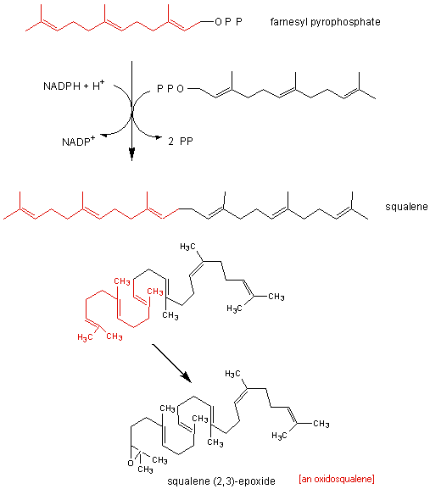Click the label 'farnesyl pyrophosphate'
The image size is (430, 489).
325,22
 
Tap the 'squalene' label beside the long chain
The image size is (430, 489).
406,207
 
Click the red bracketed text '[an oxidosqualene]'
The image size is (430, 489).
337,479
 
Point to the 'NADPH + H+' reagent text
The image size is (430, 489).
74,86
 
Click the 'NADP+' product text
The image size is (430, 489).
78,142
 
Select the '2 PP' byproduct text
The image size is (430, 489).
181,142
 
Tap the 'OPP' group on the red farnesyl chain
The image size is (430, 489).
228,22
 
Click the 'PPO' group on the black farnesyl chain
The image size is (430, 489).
170,89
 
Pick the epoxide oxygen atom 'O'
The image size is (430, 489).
131,464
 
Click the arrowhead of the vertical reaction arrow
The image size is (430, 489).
132,154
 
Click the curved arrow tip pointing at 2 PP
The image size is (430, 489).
159,136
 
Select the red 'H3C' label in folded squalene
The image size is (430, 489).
85,337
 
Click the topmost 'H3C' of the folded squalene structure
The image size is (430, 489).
187,247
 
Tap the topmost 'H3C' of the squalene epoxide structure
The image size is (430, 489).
232,374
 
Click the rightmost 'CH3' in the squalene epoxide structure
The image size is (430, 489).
321,424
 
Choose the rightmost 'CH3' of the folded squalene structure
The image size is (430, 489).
276,297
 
